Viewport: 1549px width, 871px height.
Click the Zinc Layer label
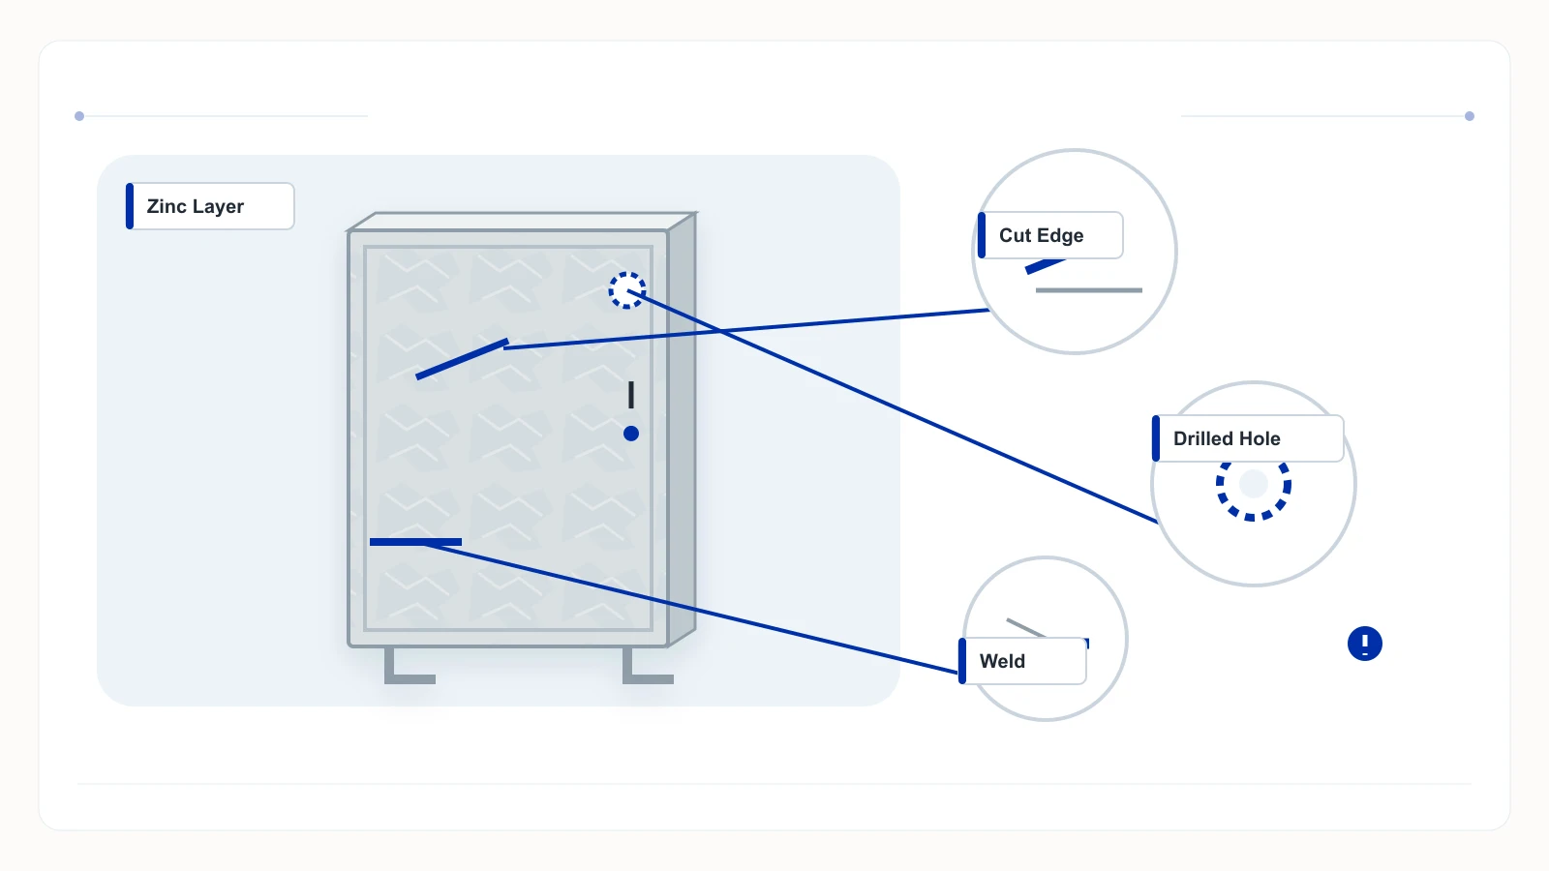[x=210, y=206]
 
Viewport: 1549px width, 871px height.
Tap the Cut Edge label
[x=1050, y=235]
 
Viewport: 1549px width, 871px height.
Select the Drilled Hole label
[x=1248, y=438]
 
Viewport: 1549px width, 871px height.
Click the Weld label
[x=1022, y=661]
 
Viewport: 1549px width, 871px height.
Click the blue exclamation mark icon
[x=1364, y=644]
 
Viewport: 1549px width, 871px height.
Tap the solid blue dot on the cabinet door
[x=630, y=434]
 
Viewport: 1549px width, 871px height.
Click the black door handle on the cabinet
[x=630, y=395]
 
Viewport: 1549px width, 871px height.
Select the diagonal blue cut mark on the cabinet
[x=462, y=359]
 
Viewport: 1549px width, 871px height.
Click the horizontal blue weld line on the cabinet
[x=415, y=542]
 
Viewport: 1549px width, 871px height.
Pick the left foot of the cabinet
[x=409, y=667]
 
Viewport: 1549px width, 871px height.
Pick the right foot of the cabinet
[x=648, y=667]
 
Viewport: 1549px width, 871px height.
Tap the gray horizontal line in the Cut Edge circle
[x=1088, y=290]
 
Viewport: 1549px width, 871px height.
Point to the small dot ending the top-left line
[x=79, y=116]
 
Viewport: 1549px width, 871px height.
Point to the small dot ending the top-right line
[x=1470, y=116]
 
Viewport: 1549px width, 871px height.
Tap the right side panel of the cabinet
[x=682, y=429]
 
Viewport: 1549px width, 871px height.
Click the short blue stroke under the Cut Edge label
[x=1045, y=266]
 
